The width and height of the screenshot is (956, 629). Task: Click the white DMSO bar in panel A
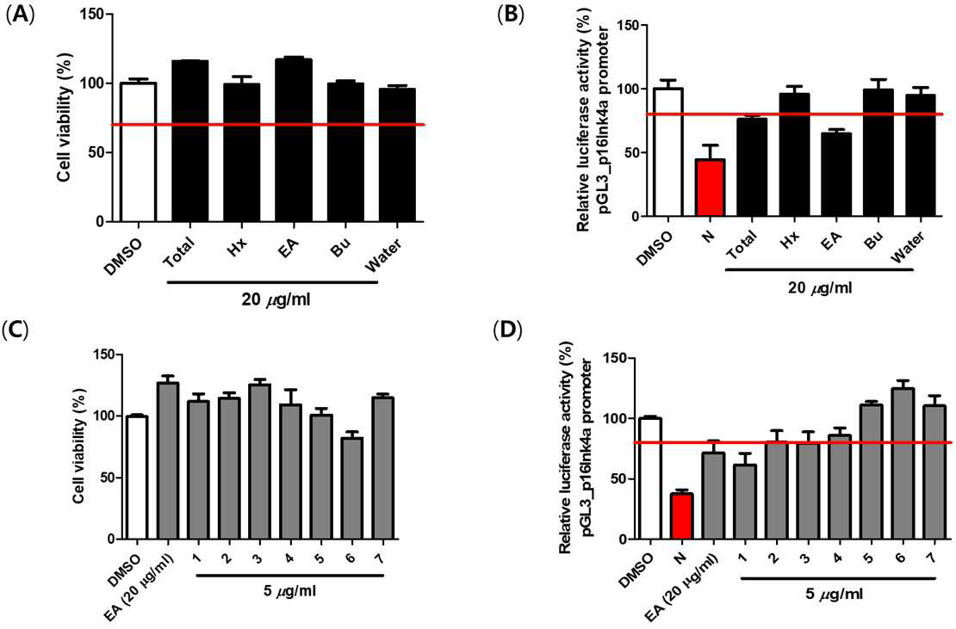(138, 152)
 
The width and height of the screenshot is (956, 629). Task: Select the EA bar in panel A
(295, 140)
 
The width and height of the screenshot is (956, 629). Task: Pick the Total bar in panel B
(751, 167)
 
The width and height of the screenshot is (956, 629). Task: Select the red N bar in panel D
(680, 516)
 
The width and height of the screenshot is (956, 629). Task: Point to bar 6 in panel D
(902, 464)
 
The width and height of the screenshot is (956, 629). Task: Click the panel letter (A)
(20, 14)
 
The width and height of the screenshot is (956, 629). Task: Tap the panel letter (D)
(506, 330)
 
